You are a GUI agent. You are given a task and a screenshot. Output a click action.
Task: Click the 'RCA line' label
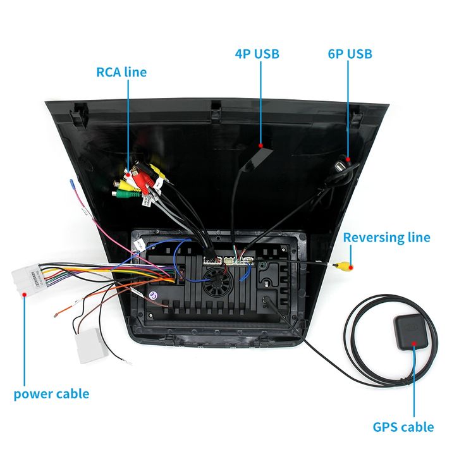pyautogui.click(x=121, y=71)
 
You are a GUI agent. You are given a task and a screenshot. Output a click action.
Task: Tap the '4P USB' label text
pyautogui.click(x=257, y=54)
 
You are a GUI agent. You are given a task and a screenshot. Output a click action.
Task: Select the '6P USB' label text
pyautogui.click(x=350, y=54)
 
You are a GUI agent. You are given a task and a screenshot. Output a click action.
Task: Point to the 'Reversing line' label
pyautogui.click(x=386, y=238)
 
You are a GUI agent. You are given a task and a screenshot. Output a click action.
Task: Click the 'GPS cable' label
pyautogui.click(x=403, y=427)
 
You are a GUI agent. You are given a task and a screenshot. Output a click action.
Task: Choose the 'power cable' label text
pyautogui.click(x=51, y=394)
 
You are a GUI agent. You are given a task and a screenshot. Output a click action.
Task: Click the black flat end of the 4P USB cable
pyautogui.click(x=261, y=152)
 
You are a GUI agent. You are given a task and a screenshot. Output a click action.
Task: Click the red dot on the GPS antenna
pyautogui.click(x=415, y=344)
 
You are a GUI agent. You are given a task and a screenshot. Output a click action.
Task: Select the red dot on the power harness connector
pyautogui.click(x=24, y=293)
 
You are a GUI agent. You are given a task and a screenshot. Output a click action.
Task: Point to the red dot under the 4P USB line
pyautogui.click(x=260, y=145)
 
